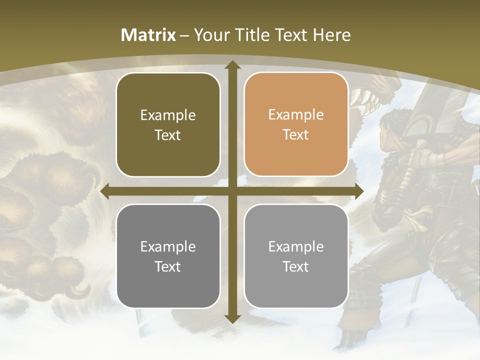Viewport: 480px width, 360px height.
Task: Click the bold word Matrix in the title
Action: (x=148, y=35)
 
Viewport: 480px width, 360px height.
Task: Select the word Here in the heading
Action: (x=332, y=35)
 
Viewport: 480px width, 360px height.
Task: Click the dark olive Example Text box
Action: (x=168, y=125)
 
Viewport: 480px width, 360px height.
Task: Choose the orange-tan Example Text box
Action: (x=296, y=124)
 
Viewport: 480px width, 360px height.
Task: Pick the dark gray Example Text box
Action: (x=168, y=256)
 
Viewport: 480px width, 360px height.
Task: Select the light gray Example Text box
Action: (x=296, y=256)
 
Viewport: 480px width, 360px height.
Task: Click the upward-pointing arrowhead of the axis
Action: (x=232, y=65)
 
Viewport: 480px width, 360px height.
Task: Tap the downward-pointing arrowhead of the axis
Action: (x=232, y=319)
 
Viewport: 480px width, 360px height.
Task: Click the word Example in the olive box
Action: (x=168, y=115)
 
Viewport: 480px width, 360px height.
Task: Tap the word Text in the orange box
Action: (x=296, y=135)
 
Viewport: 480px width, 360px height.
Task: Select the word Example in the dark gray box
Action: (x=168, y=246)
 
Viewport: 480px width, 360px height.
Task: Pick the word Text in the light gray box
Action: (x=296, y=266)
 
